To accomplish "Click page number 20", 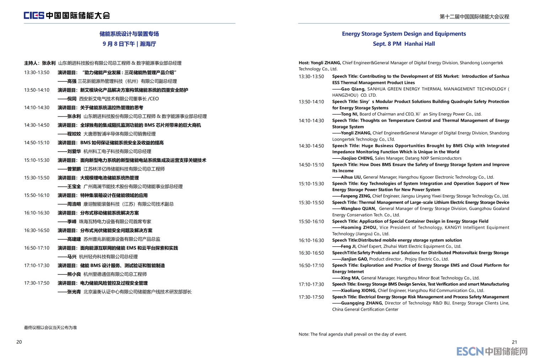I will [x=19, y=342].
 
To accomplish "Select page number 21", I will [x=515, y=342].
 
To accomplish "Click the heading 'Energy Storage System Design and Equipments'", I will [x=404, y=34].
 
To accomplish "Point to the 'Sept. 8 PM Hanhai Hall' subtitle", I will [x=404, y=44].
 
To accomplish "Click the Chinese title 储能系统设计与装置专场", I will [x=129, y=34].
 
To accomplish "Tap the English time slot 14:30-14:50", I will [x=311, y=146].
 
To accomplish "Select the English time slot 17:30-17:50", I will [x=311, y=297].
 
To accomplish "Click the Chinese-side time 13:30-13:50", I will [x=37, y=72].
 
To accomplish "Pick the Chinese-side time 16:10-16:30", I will [x=37, y=213].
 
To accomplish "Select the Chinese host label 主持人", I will [x=31, y=63].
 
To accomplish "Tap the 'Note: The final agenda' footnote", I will [x=352, y=334].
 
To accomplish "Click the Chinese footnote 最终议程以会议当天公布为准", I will [x=50, y=327].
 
